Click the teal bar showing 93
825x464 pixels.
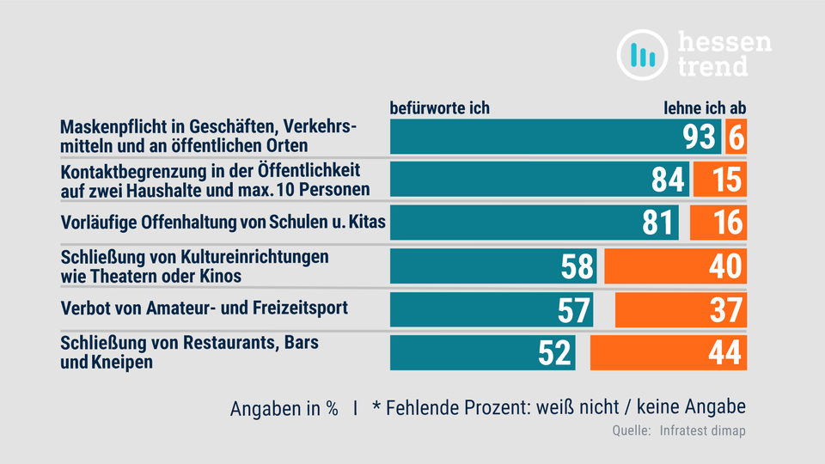pyautogui.click(x=555, y=137)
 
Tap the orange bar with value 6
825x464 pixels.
pyautogui.click(x=736, y=137)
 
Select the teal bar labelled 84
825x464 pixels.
pyautogui.click(x=540, y=180)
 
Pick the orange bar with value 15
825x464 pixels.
pyautogui.click(x=720, y=180)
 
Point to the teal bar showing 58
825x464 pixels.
pyautogui.click(x=493, y=266)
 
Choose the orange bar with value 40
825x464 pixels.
pyautogui.click(x=675, y=266)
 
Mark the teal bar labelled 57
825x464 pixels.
pyautogui.click(x=492, y=309)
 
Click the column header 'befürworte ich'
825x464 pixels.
pyautogui.click(x=440, y=108)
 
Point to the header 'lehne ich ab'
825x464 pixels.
pyautogui.click(x=705, y=108)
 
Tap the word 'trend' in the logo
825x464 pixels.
pyautogui.click(x=712, y=65)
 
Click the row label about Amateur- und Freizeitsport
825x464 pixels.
pyautogui.click(x=204, y=307)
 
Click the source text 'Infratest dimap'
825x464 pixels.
pyautogui.click(x=702, y=430)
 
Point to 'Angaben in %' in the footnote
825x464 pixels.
pyautogui.click(x=284, y=409)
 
